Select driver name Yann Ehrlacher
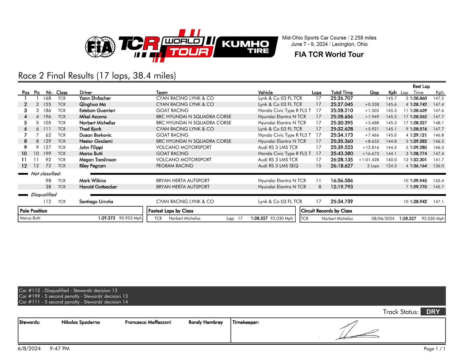coord(95,98)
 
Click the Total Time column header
coord(342,92)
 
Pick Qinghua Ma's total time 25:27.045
coord(342,104)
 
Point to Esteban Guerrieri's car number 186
coord(47,111)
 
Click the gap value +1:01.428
coord(369,160)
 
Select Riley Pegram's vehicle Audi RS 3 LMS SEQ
coord(278,166)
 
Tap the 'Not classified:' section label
coord(46,174)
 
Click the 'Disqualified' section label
coord(44,195)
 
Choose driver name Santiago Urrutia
coord(96,202)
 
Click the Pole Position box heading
coord(34,211)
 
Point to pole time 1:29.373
coord(106,218)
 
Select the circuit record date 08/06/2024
coord(383,219)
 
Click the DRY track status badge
coord(433,312)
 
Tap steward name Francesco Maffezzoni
coord(148,322)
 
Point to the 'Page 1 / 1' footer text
coord(434,349)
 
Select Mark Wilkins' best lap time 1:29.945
coord(418,181)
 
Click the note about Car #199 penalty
coord(73,296)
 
